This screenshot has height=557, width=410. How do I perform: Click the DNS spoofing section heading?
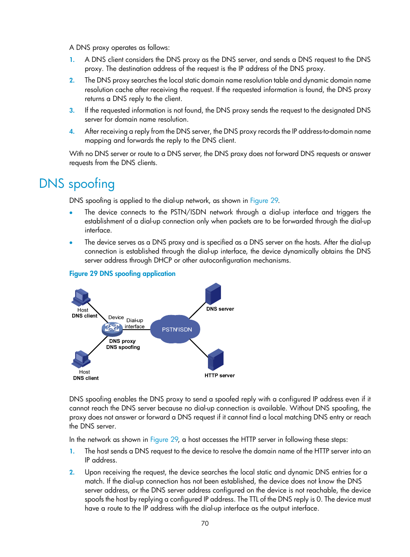76,184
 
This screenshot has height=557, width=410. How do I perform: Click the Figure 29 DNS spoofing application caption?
122,273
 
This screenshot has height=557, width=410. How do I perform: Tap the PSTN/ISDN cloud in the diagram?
177,330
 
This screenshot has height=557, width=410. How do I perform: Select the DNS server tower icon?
213,294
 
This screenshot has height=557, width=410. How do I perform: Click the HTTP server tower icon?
216,360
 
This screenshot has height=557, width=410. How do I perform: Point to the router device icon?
112,329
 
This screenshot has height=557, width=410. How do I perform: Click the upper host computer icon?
81,297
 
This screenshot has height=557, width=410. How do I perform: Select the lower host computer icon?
81,359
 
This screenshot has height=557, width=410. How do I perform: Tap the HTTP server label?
220,376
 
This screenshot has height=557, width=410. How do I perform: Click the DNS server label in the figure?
220,309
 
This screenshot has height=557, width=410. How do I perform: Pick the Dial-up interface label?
135,323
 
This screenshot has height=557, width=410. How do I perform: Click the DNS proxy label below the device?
122,341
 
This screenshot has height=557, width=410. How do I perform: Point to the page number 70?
205,523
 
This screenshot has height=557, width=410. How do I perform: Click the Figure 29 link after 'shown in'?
264,200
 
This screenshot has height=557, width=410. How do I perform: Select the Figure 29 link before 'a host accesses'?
164,439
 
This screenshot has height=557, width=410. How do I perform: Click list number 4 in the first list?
72,132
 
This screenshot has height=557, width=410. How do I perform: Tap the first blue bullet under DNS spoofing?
71,212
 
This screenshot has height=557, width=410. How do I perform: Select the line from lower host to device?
98,345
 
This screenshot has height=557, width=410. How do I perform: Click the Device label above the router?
116,317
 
